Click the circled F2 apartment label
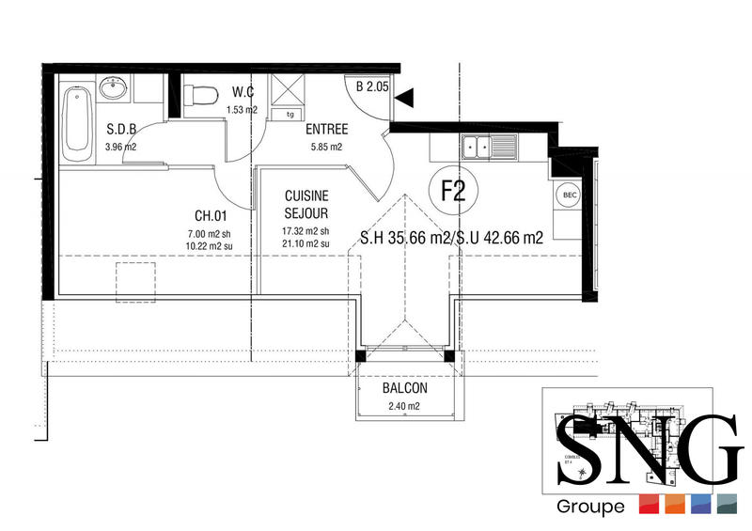pyautogui.click(x=454, y=191)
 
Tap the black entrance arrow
pyautogui.click(x=403, y=96)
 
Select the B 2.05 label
pyautogui.click(x=372, y=86)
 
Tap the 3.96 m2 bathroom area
pyautogui.click(x=121, y=147)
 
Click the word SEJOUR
pyautogui.click(x=307, y=212)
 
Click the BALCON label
pyautogui.click(x=405, y=388)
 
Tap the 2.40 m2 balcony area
pyautogui.click(x=405, y=406)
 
